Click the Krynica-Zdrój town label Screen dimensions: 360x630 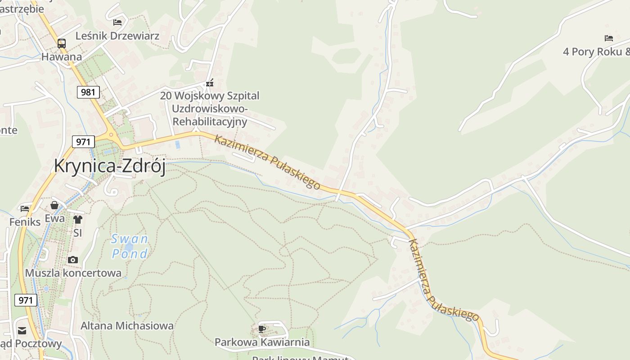click(x=109, y=166)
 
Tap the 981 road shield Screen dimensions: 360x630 click(x=88, y=92)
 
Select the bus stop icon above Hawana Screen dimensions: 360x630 click(x=62, y=44)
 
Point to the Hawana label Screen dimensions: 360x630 click(x=62, y=57)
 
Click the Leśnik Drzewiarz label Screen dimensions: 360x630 click(x=117, y=36)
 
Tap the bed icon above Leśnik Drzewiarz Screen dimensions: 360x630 click(x=117, y=22)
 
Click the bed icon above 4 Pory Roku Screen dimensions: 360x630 click(x=609, y=38)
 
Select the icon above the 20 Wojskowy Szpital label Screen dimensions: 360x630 click(x=210, y=83)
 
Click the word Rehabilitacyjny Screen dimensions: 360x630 click(x=210, y=121)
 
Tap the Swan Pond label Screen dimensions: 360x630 click(x=130, y=246)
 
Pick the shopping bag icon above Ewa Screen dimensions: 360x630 click(x=54, y=205)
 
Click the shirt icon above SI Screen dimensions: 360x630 click(x=78, y=220)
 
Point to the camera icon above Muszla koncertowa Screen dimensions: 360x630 click(x=73, y=260)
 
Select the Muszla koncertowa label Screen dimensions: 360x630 click(x=73, y=273)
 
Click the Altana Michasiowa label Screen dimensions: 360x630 click(x=127, y=325)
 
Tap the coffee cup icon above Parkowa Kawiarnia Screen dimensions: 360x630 click(x=262, y=329)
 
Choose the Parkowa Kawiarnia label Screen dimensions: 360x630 click(x=262, y=342)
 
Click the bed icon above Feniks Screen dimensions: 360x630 click(x=25, y=209)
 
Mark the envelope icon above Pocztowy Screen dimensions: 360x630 click(x=22, y=331)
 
